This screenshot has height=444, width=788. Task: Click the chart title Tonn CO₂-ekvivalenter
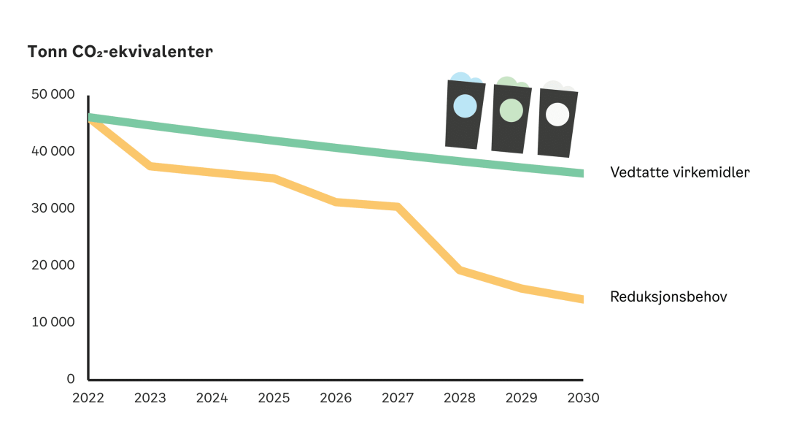pyautogui.click(x=120, y=53)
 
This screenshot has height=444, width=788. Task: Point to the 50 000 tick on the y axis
pyautogui.click(x=53, y=95)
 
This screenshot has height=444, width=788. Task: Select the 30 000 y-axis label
pyautogui.click(x=53, y=208)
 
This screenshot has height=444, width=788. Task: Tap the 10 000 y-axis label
pyautogui.click(x=53, y=322)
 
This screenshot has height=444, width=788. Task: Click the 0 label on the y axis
pyautogui.click(x=71, y=378)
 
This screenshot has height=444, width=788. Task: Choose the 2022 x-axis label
pyautogui.click(x=88, y=398)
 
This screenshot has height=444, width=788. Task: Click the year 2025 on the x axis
pyautogui.click(x=274, y=398)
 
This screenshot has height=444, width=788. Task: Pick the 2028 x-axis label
pyautogui.click(x=459, y=398)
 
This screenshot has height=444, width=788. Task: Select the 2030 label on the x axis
pyautogui.click(x=583, y=398)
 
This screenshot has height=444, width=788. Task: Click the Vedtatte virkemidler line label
pyautogui.click(x=680, y=173)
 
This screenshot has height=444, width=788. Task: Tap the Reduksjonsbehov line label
pyautogui.click(x=668, y=297)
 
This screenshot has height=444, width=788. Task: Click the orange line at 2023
pyautogui.click(x=150, y=166)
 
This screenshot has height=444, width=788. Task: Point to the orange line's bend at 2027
pyautogui.click(x=398, y=207)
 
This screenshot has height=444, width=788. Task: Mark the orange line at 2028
pyautogui.click(x=459, y=270)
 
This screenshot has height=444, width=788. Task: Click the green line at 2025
pyautogui.click(x=274, y=139)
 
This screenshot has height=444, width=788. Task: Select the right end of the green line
pyautogui.click(x=582, y=173)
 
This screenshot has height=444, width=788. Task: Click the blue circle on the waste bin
pyautogui.click(x=465, y=107)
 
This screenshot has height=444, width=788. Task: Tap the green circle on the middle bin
pyautogui.click(x=511, y=110)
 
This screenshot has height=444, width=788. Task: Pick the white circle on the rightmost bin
pyautogui.click(x=557, y=115)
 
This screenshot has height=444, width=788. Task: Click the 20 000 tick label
pyautogui.click(x=53, y=265)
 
